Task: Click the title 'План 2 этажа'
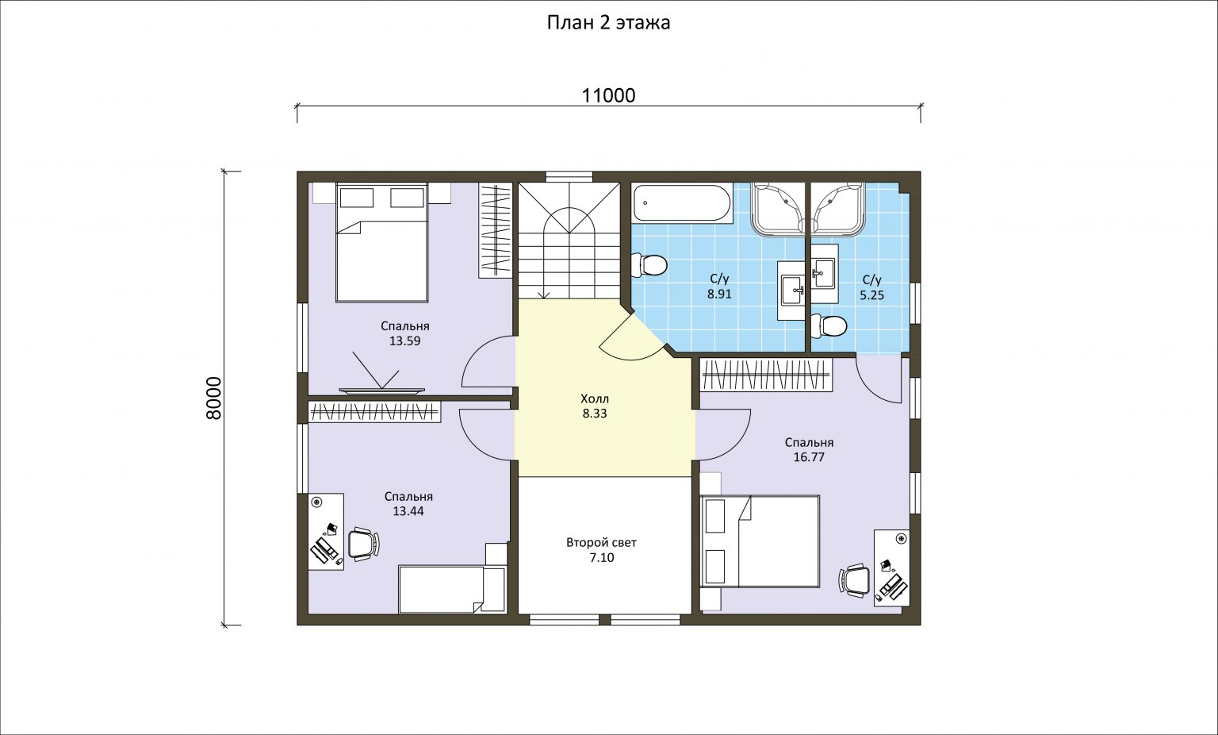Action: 608,23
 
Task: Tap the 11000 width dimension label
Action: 608,95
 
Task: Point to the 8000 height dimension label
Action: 214,398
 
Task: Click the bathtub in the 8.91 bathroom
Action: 682,203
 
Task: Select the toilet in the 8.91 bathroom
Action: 649,265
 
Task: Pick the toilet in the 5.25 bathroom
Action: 829,325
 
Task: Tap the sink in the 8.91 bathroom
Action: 793,291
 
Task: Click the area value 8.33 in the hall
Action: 594,414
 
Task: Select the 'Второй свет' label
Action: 601,543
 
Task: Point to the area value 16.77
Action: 809,457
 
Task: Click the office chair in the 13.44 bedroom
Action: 363,544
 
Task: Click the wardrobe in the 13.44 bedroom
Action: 374,412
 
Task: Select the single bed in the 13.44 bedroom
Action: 453,590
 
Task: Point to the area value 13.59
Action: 404,341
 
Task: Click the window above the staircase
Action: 569,176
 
